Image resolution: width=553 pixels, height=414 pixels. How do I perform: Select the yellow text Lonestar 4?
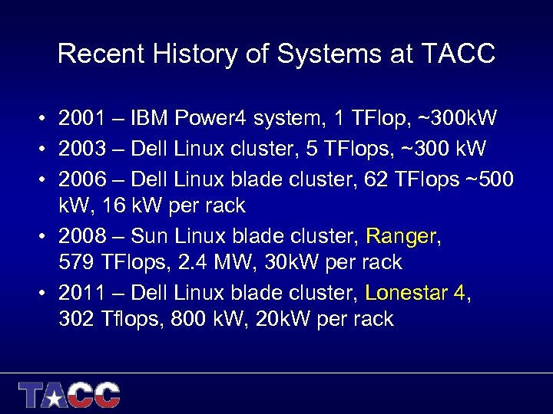point(416,292)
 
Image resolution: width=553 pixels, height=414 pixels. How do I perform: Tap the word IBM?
point(151,119)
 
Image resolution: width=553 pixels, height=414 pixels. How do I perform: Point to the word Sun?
point(150,235)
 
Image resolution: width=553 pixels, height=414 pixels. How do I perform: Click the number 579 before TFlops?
point(77,263)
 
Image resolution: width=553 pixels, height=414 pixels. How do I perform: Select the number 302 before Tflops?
point(77,320)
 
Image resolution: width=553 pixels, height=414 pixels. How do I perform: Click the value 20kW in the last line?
point(289,320)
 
